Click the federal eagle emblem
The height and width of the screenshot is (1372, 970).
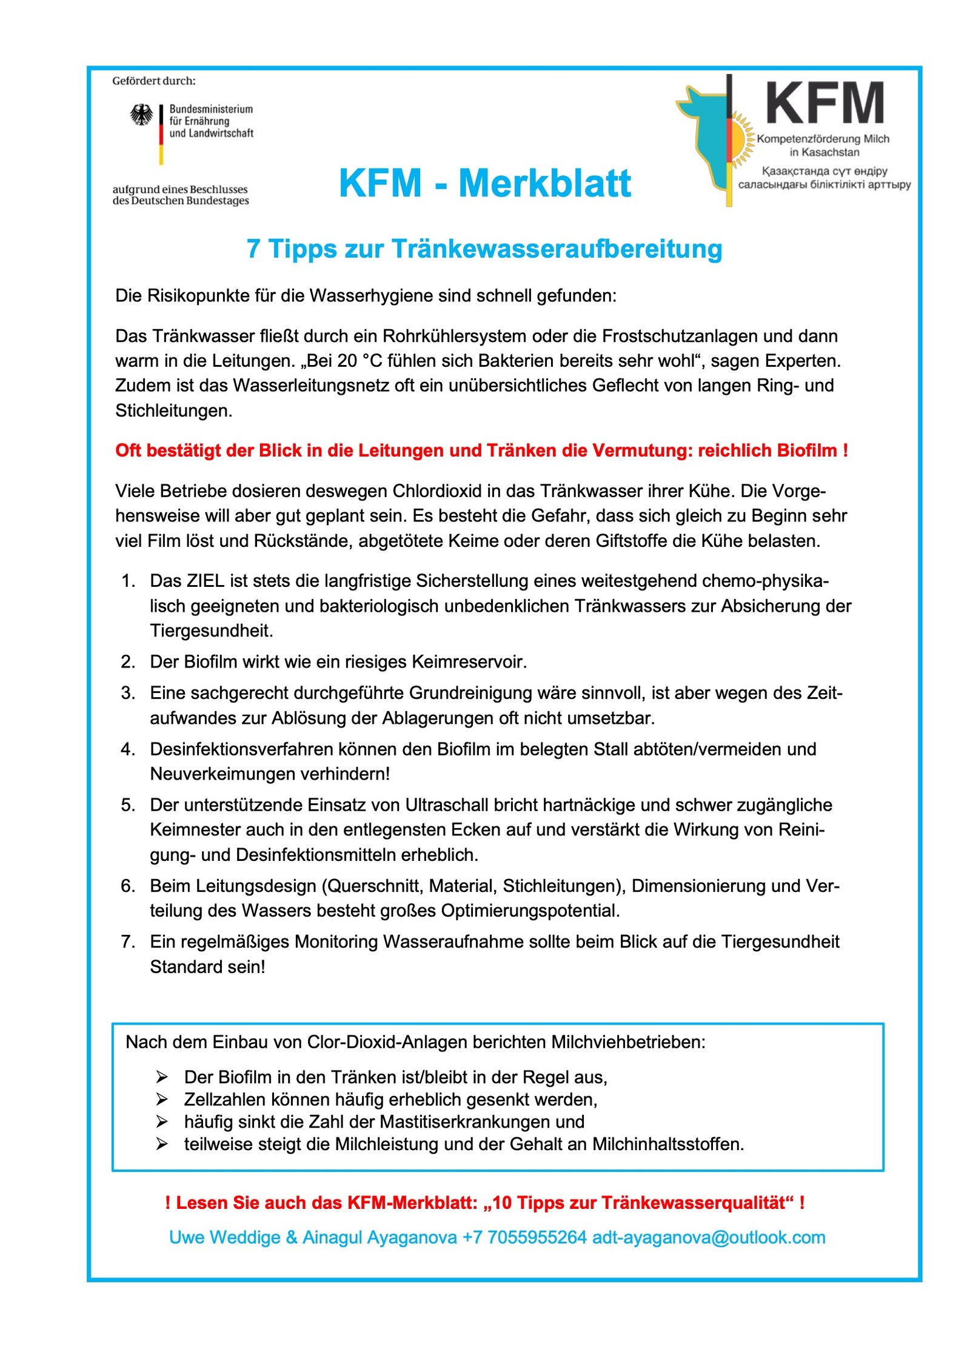point(142,115)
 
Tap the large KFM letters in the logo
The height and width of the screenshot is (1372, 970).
point(824,104)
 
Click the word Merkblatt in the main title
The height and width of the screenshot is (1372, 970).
point(544,183)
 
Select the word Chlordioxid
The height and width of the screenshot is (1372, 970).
point(436,491)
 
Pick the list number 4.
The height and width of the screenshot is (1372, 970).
point(128,749)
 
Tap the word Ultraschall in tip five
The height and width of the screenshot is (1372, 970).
point(447,805)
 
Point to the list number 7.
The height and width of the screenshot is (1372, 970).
point(128,942)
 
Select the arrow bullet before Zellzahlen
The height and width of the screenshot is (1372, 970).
point(162,1099)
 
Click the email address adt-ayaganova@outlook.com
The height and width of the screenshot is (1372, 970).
point(709,1237)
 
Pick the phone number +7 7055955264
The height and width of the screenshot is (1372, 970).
point(524,1237)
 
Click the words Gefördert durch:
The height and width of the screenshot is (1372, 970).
point(154,81)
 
